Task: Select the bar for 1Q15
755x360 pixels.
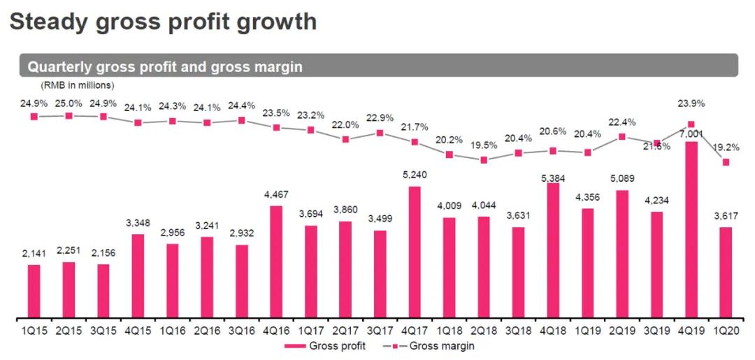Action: tap(34, 291)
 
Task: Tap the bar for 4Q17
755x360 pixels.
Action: tap(415, 252)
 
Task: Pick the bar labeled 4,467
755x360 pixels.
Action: tap(276, 261)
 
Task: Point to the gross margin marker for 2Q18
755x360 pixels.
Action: tap(484, 159)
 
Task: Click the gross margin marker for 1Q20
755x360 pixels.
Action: tap(726, 162)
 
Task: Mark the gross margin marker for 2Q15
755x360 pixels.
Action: tap(69, 115)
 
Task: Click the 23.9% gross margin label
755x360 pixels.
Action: tap(691, 103)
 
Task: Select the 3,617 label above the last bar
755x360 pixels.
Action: tap(726, 217)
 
